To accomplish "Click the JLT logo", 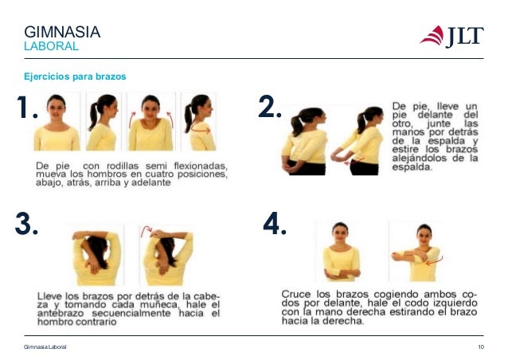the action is point(452,37).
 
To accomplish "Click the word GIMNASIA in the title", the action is point(62,32).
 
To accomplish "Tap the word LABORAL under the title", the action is point(51,46).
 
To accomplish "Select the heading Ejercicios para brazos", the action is point(75,76).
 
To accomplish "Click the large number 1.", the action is point(26,107).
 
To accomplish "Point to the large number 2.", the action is point(270,106).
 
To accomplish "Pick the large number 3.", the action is point(26,224).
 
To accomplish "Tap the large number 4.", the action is point(275,223).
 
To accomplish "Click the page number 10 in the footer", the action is point(481,346).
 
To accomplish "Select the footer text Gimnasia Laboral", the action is point(45,346).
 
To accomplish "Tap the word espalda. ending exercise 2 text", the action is point(412,167).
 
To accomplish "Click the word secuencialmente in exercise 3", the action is point(131,313).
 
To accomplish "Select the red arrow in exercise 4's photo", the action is point(435,261).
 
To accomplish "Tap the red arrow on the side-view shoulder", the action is point(201,130).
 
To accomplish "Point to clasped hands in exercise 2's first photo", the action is point(287,166).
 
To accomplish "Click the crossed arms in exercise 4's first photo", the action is point(342,274).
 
